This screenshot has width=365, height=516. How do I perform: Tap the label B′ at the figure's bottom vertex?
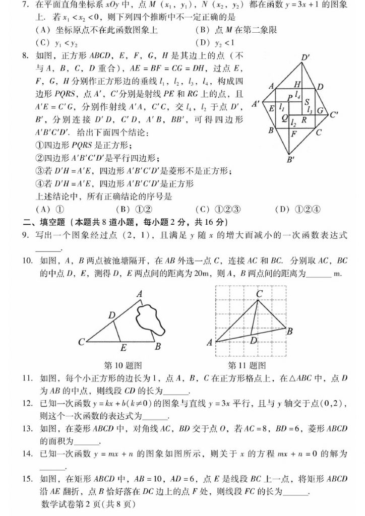point(290,160)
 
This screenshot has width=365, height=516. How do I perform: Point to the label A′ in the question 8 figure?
point(256,104)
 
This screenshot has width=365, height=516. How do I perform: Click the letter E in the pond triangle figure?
point(123,347)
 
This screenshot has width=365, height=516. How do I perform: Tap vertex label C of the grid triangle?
point(259,293)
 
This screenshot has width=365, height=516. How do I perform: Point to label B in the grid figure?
point(290,332)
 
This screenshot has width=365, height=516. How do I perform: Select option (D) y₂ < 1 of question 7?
point(213,43)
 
